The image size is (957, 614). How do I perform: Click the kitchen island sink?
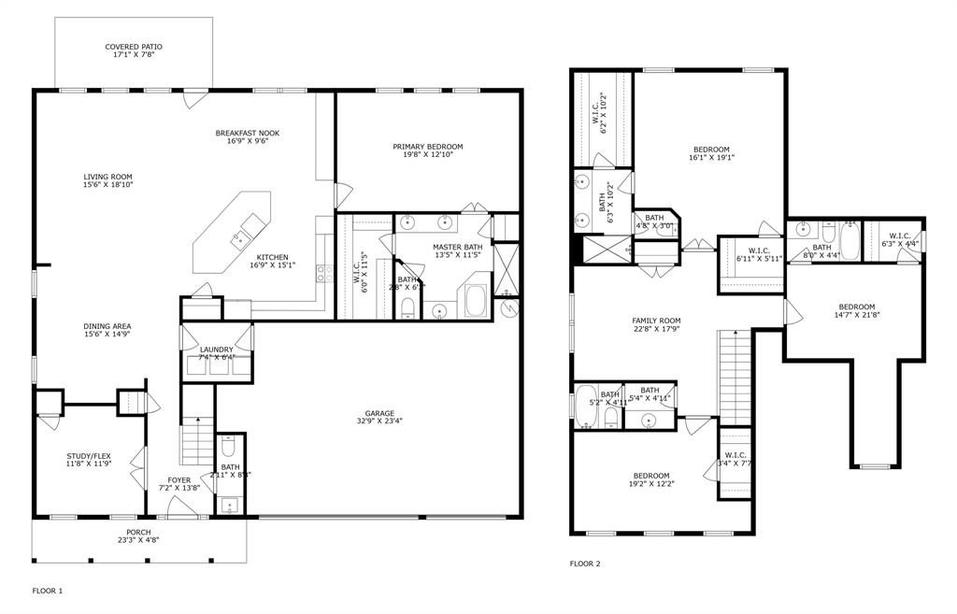[248, 227]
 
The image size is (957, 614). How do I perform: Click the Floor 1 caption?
[47, 591]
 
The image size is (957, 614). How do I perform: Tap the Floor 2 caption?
[585, 564]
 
